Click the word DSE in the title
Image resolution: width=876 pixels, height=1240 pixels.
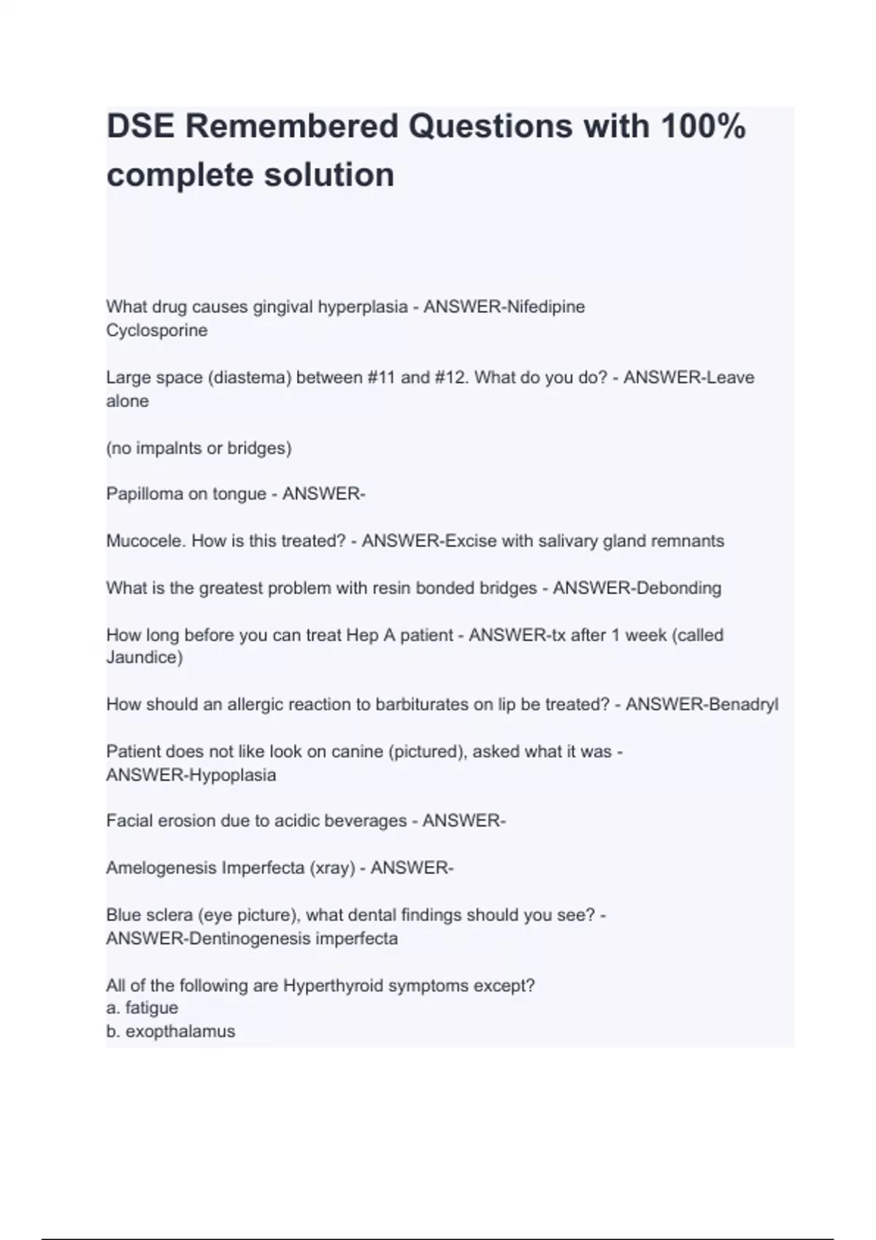140,127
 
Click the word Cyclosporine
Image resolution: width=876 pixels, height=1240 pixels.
156,330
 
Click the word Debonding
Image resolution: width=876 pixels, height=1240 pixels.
679,588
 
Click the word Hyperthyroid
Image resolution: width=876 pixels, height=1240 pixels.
333,985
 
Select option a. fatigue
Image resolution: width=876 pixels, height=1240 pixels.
142,1008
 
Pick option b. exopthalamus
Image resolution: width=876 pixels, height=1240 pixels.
170,1031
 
